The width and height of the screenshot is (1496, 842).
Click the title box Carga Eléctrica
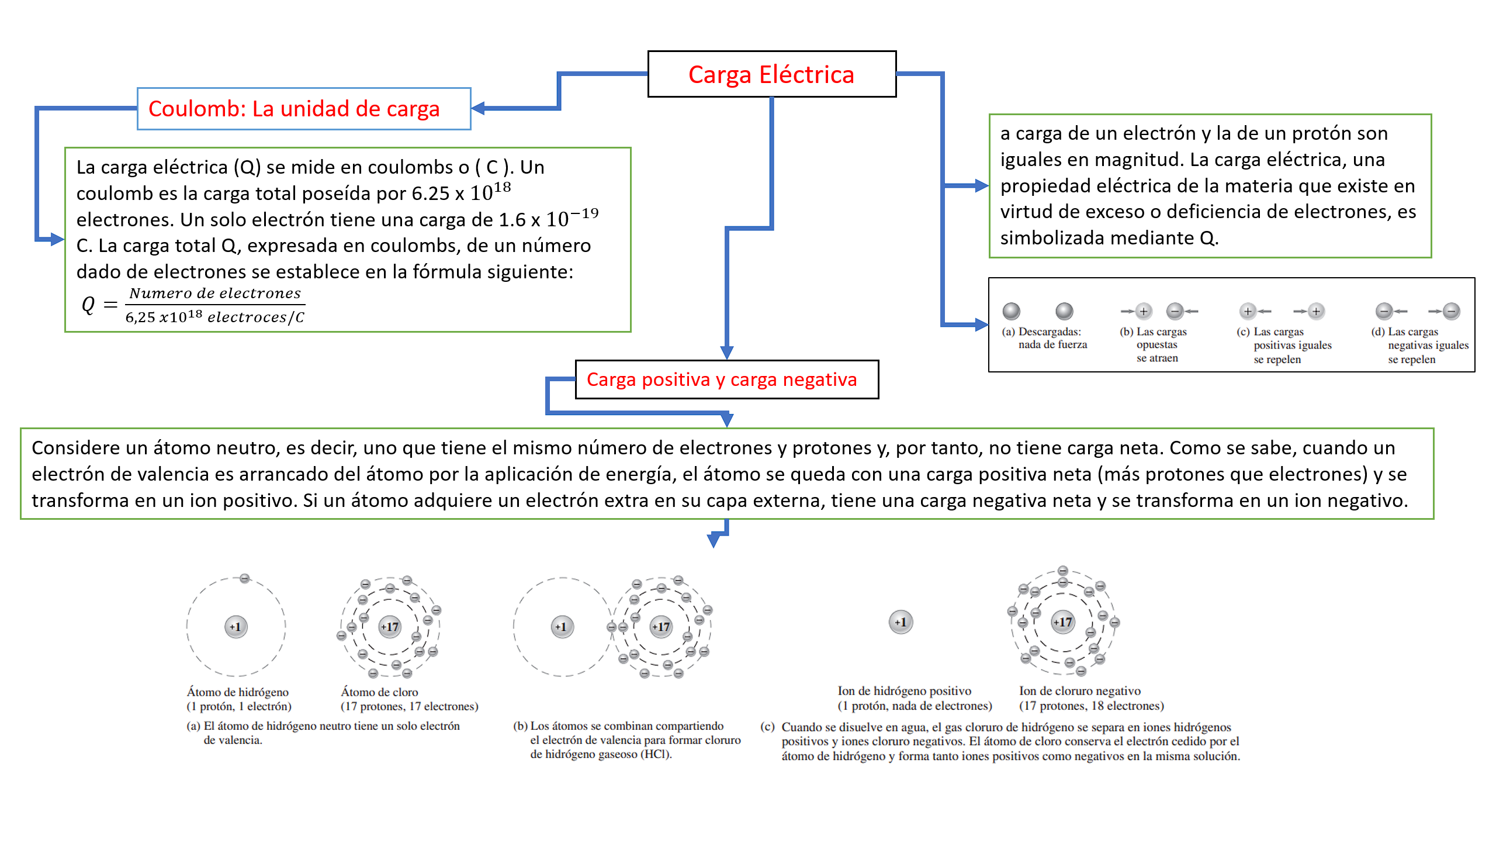pos(771,74)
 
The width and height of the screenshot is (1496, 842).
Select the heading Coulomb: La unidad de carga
pos(294,109)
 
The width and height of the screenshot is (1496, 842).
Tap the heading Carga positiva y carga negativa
pos(722,379)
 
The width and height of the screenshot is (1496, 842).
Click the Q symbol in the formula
pos(88,304)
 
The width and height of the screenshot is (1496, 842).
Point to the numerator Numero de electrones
pos(215,293)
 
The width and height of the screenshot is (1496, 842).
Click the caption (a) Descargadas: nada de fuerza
pos(1044,338)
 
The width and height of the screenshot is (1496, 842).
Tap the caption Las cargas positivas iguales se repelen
pos(1286,346)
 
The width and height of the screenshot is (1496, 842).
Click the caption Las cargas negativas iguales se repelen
pos(1420,346)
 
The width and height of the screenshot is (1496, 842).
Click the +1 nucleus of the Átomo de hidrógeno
pos(236,627)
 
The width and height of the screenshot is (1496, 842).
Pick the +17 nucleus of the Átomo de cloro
pos(390,627)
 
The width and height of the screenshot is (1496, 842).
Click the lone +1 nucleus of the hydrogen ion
pos(901,622)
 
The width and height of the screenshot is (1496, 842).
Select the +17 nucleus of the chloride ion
pos(1062,622)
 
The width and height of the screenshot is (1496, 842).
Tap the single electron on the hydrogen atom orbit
pos(245,578)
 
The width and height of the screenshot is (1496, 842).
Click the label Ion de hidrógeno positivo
pos(904,691)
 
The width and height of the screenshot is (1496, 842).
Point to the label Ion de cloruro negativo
pos(1079,691)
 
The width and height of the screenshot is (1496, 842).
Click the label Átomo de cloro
pos(379,692)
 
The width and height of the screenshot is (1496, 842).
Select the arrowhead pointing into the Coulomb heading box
pos(478,108)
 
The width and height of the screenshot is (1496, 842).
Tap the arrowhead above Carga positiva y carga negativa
pos(727,353)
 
